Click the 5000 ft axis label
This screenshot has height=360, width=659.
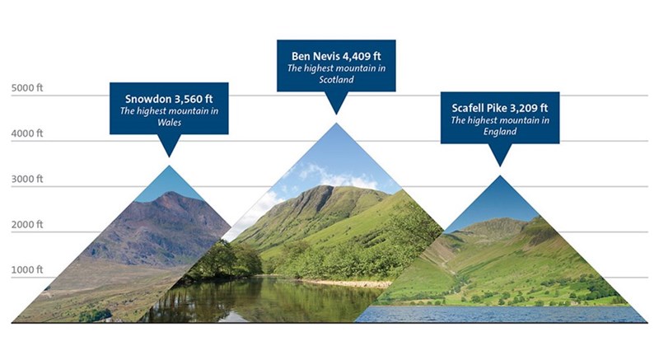click(x=27, y=88)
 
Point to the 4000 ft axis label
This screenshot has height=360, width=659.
click(x=27, y=133)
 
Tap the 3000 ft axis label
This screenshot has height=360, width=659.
click(x=27, y=179)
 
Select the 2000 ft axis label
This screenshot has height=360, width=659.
click(x=27, y=225)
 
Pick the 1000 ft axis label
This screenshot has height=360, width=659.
click(x=27, y=270)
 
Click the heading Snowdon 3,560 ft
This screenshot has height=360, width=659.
click(x=169, y=99)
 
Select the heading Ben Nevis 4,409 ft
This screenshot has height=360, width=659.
click(x=336, y=56)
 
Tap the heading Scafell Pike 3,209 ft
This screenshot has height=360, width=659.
click(x=500, y=108)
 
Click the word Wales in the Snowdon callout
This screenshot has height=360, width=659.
click(x=170, y=123)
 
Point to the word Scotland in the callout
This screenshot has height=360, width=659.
click(x=336, y=80)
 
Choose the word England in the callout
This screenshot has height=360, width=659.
click(x=500, y=132)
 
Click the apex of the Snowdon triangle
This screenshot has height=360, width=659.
click(x=170, y=166)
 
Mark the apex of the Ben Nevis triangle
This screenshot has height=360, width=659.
click(x=336, y=123)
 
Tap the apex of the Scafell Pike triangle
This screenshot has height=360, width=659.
click(x=500, y=175)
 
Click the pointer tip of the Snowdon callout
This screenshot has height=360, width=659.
click(x=170, y=157)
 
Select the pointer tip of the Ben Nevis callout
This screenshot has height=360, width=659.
click(x=336, y=115)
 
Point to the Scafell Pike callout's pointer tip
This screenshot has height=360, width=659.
click(x=500, y=166)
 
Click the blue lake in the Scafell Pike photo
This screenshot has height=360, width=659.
click(x=500, y=314)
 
